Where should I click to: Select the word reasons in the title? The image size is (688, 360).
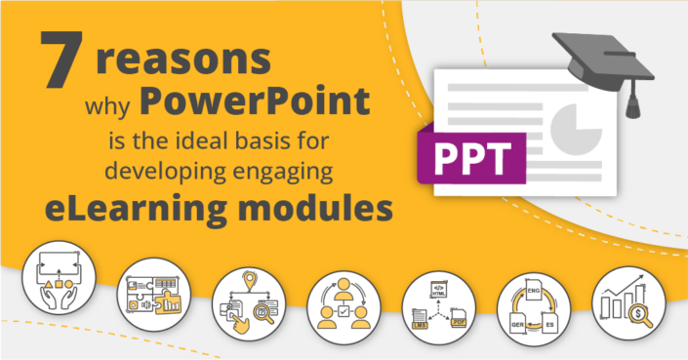click(182, 60)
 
